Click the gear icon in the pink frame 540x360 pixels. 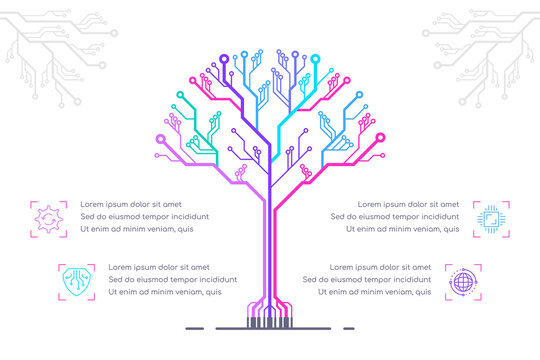point(48,218)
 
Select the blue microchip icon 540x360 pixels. point(491,218)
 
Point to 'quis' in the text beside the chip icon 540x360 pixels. point(450,229)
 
